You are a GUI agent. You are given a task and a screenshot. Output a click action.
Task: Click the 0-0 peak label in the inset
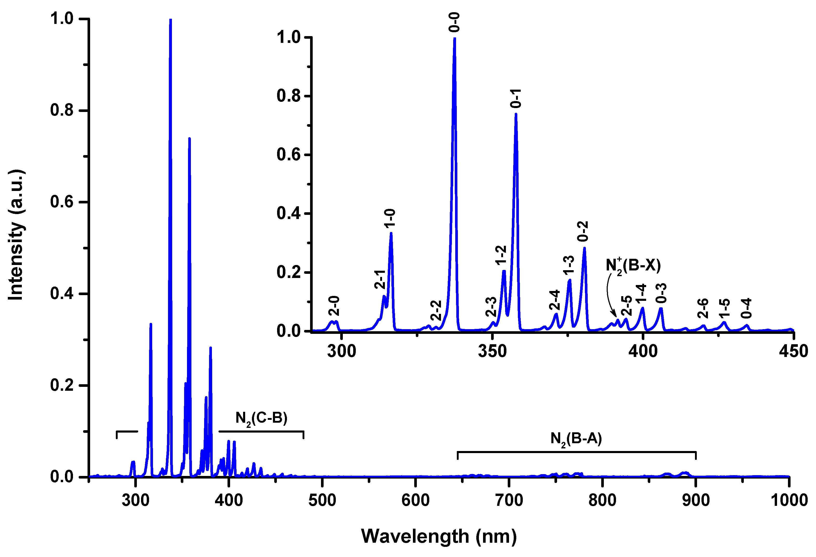[454, 22]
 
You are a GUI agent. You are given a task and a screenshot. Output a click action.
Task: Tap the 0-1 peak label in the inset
[516, 98]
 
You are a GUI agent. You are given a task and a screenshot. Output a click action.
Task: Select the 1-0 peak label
[390, 218]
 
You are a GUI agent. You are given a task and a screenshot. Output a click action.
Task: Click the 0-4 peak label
[746, 308]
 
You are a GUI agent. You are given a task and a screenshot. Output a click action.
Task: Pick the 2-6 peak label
[703, 308]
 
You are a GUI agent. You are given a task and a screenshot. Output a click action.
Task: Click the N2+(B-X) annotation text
[633, 265]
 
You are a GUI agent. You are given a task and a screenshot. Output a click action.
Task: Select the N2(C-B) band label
[261, 418]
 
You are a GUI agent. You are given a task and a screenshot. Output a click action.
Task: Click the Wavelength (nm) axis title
[439, 536]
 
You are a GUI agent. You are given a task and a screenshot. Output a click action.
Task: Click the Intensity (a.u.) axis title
[16, 235]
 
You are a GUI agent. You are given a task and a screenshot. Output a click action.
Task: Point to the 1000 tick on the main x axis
[789, 500]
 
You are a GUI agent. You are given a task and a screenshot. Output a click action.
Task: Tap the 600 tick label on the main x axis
[415, 500]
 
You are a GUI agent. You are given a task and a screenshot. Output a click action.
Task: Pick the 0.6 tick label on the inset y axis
[289, 155]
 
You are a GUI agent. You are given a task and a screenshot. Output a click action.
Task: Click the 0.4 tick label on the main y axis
[62, 294]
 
